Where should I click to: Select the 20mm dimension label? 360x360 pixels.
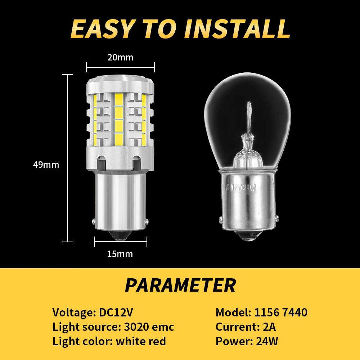pyautogui.click(x=121, y=57)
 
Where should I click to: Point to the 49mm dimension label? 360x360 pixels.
pyautogui.click(x=46, y=165)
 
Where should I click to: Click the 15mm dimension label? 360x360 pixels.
pyautogui.click(x=120, y=254)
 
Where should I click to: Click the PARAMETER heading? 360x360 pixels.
pyautogui.click(x=180, y=285)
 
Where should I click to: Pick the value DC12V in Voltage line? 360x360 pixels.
pyautogui.click(x=118, y=312)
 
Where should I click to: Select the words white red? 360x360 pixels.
pyautogui.click(x=141, y=341)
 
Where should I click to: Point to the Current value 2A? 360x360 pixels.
pyautogui.click(x=268, y=327)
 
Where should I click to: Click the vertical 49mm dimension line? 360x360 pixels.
pyautogui.click(x=68, y=158)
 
